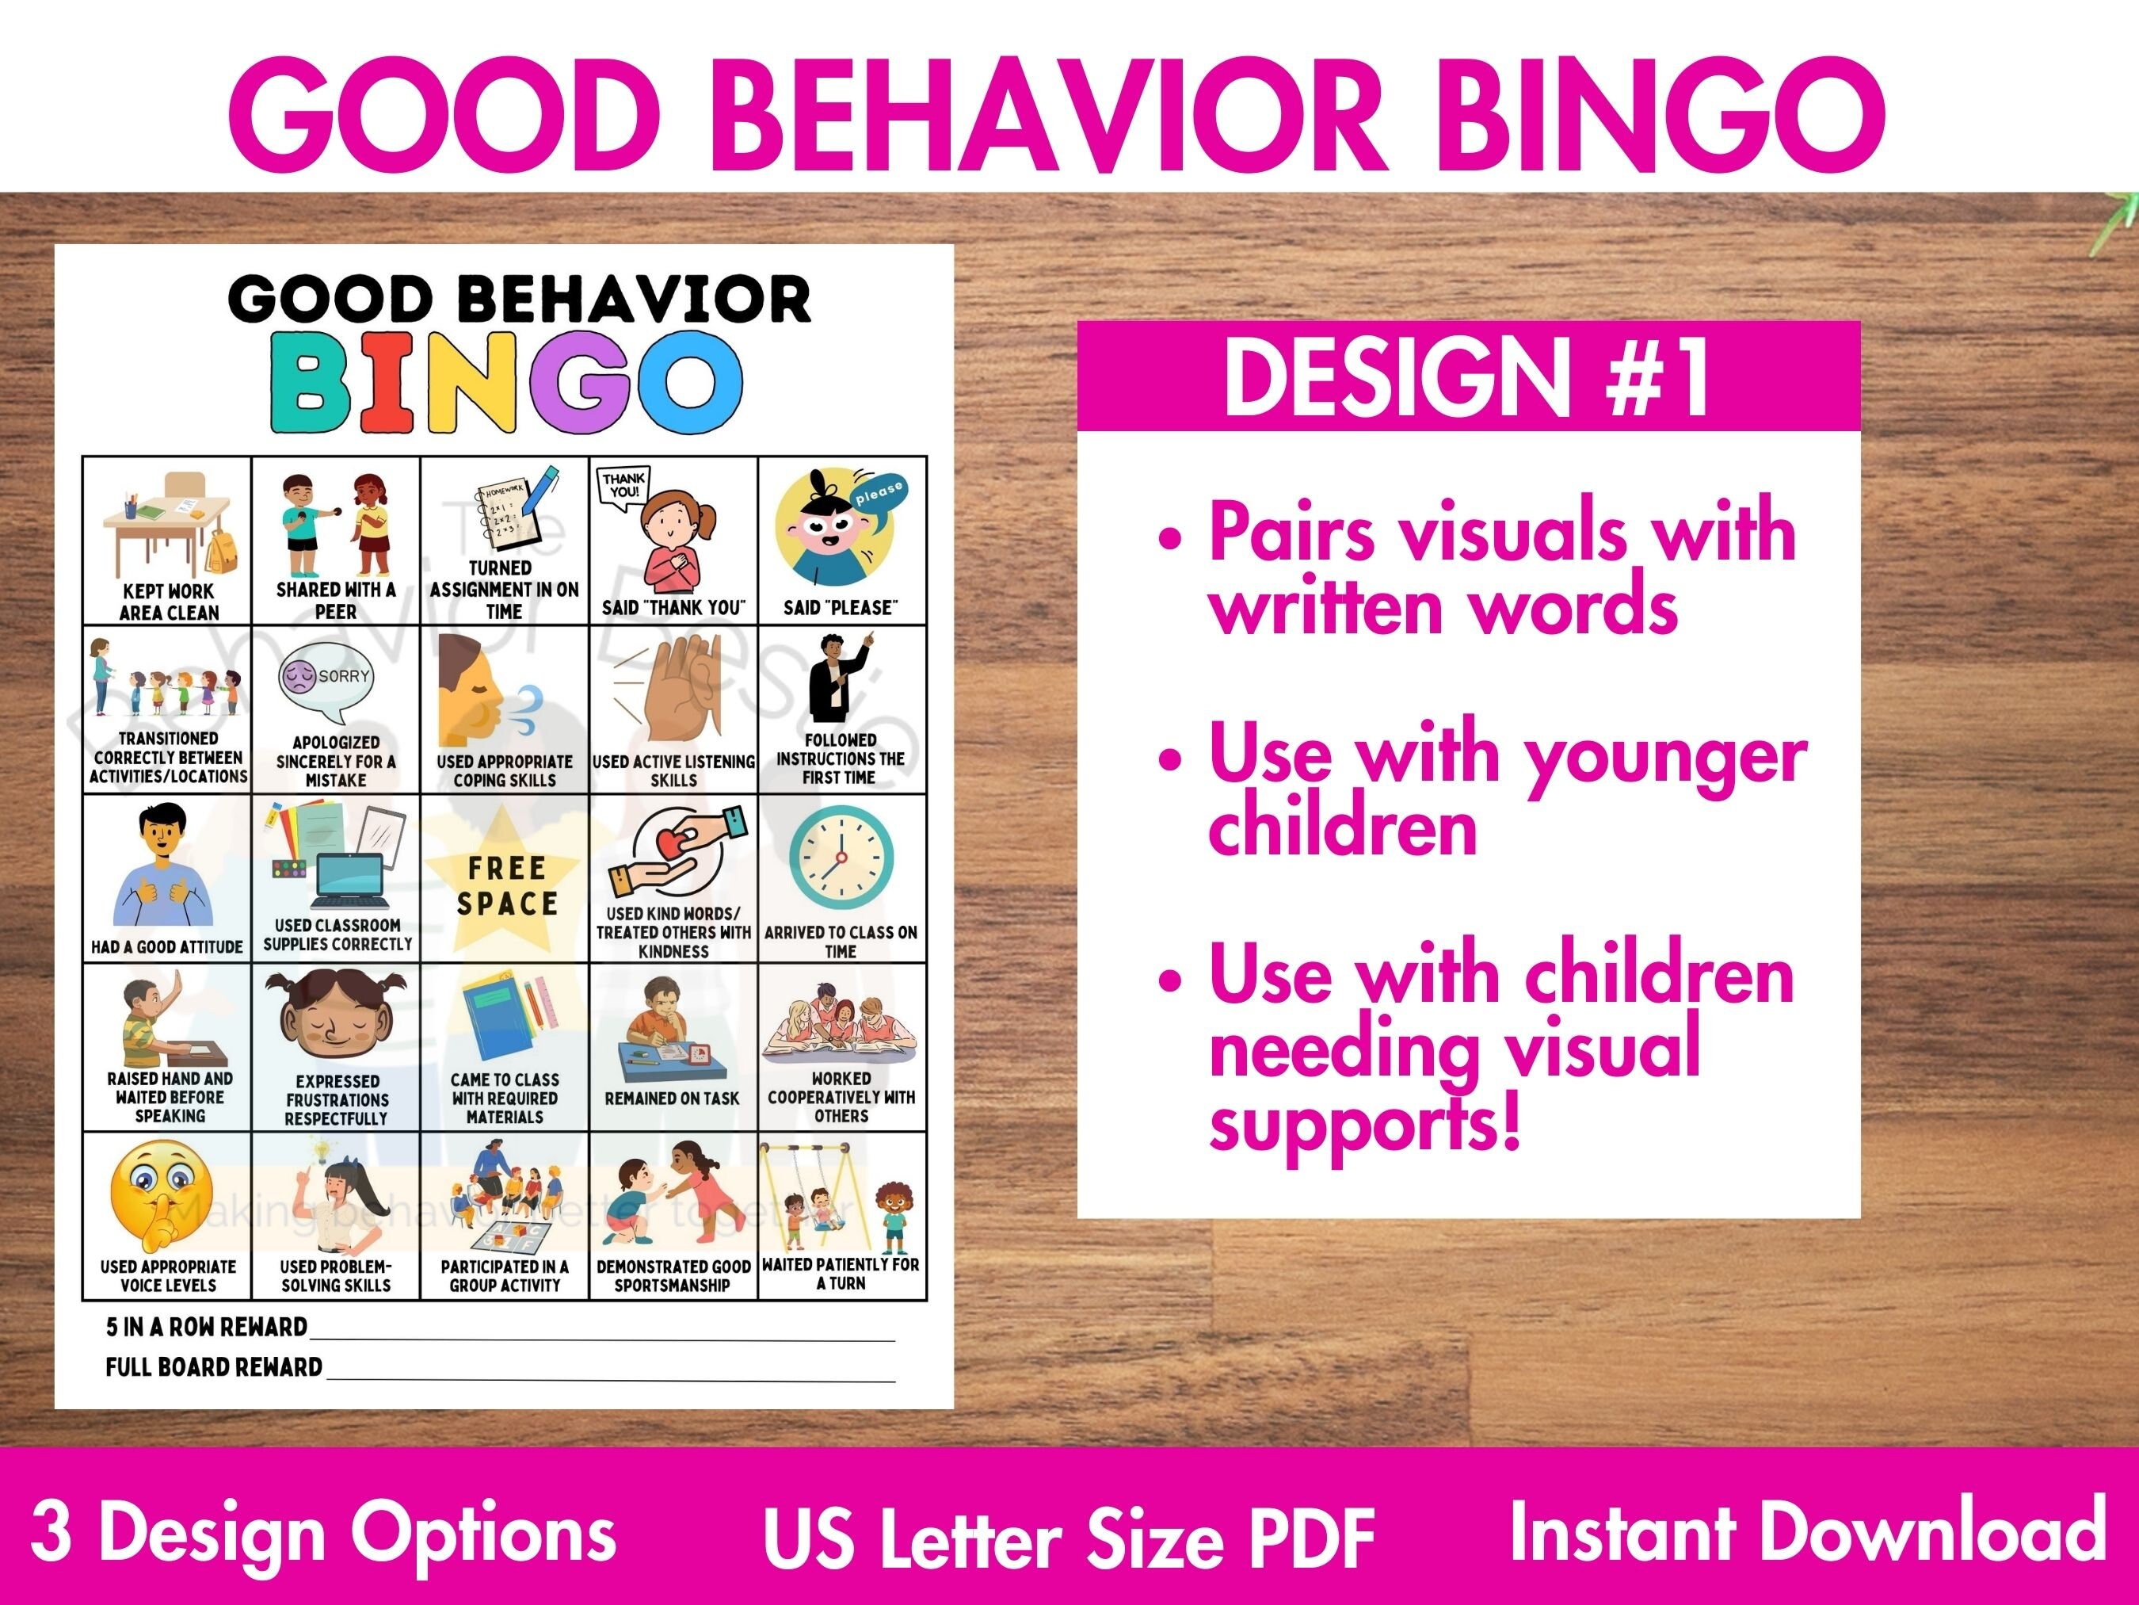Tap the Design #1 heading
click(1467, 377)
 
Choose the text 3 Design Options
click(323, 1532)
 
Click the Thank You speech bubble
click(623, 486)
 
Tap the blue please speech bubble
click(878, 499)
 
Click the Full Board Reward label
click(214, 1367)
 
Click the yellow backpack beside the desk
click(223, 552)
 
